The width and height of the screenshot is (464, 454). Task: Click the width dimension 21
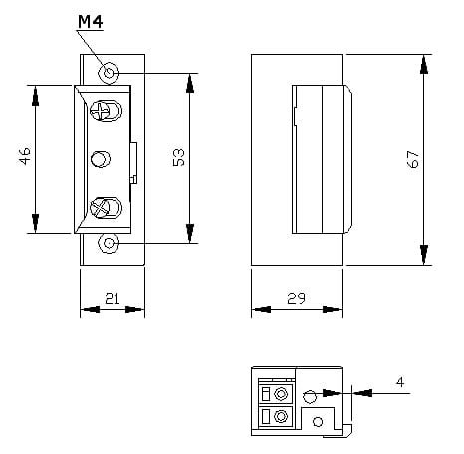tap(112, 296)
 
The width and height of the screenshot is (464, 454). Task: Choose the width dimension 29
tap(294, 296)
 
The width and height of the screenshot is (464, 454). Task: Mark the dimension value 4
tap(398, 381)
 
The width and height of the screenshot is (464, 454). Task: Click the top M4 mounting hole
tap(110, 71)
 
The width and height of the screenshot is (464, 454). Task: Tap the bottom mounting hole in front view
tap(110, 242)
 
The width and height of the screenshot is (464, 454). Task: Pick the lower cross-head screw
tap(101, 207)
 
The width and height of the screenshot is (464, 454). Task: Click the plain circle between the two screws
tap(102, 158)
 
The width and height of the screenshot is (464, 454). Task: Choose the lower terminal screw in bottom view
tap(282, 417)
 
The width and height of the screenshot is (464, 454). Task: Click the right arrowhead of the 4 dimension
tap(360, 393)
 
